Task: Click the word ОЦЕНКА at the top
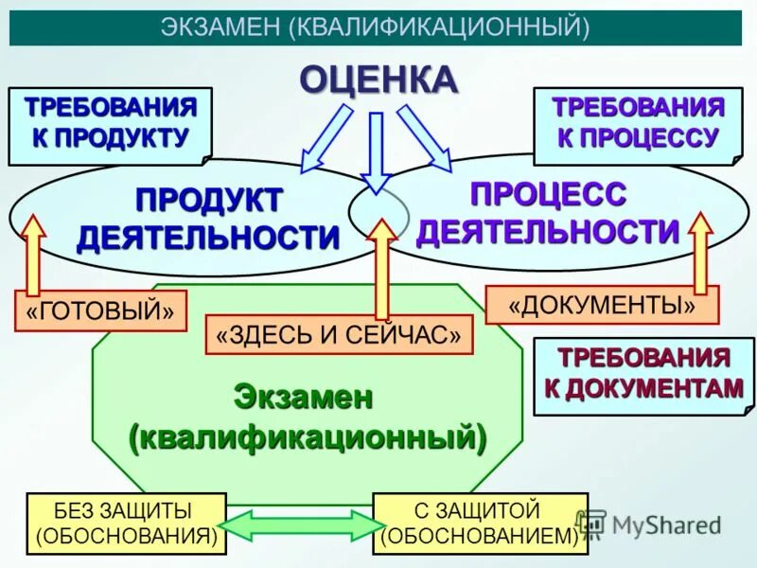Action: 378,80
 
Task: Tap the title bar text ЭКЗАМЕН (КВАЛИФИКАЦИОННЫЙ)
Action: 376,27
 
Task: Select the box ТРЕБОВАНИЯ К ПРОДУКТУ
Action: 110,122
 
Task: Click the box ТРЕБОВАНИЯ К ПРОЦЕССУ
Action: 638,122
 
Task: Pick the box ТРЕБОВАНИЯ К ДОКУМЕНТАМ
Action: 643,374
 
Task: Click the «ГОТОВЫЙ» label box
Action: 100,311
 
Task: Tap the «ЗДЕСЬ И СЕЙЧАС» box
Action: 338,334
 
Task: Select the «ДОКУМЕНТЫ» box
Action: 602,305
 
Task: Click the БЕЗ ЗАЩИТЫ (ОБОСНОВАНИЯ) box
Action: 126,523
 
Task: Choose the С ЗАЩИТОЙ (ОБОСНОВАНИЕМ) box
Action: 480,523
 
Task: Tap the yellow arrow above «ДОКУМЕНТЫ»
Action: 700,251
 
